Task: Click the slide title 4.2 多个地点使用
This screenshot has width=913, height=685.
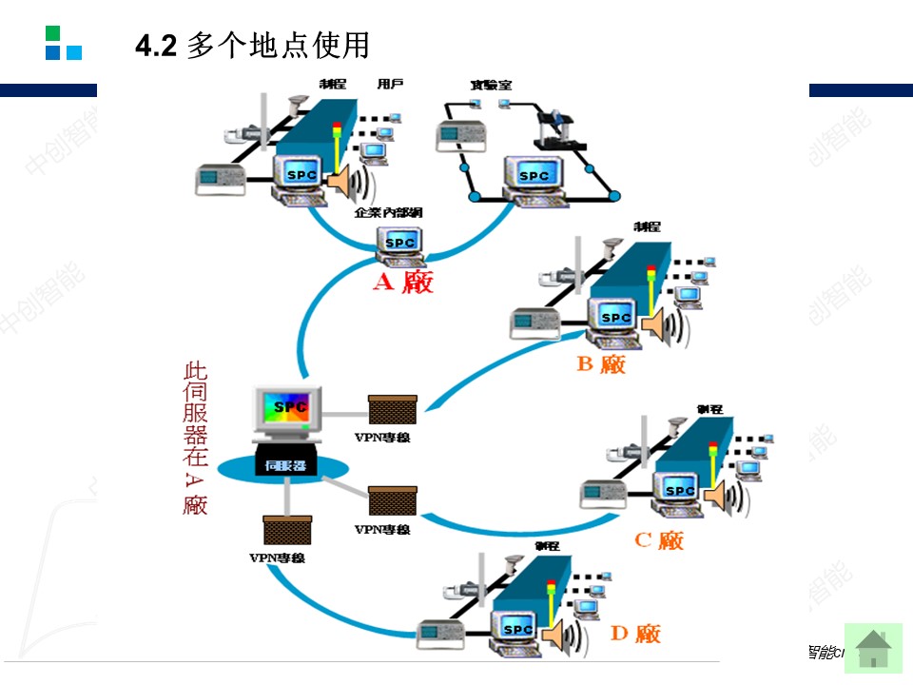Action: [x=252, y=46]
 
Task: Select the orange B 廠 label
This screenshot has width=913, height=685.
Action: [x=601, y=363]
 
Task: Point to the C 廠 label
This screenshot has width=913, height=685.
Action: [x=659, y=540]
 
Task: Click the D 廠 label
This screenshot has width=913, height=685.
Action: [x=635, y=633]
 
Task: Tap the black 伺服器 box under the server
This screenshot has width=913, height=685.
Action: [x=285, y=465]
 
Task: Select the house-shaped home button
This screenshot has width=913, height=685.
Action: [x=873, y=649]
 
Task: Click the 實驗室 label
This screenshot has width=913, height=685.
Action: [x=491, y=86]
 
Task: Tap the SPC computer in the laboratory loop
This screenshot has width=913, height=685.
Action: [x=534, y=177]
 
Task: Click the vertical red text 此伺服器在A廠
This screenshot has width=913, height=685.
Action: [x=195, y=438]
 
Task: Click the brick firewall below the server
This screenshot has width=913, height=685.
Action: [x=287, y=529]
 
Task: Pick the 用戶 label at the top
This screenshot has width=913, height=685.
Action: [x=390, y=85]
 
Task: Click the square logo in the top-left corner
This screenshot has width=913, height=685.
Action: [x=64, y=43]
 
